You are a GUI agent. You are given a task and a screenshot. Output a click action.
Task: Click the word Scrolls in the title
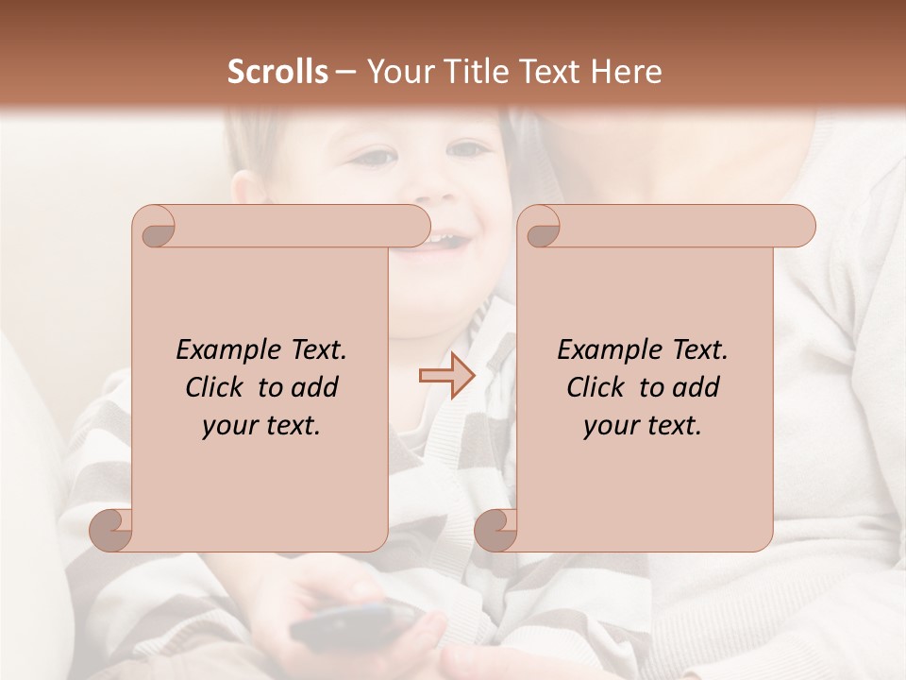277,72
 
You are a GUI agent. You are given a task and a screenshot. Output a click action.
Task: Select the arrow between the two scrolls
446,376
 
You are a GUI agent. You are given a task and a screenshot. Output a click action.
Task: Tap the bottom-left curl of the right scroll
497,529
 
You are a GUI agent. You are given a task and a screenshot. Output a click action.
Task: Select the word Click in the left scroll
217,387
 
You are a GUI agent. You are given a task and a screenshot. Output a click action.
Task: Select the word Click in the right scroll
597,387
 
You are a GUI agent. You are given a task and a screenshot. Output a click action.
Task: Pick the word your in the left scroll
230,426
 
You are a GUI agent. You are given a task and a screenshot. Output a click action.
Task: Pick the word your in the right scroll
612,426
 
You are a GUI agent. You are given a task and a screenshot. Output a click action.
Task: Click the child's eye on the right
469,149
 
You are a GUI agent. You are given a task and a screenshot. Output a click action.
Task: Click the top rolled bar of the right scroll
679,227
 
